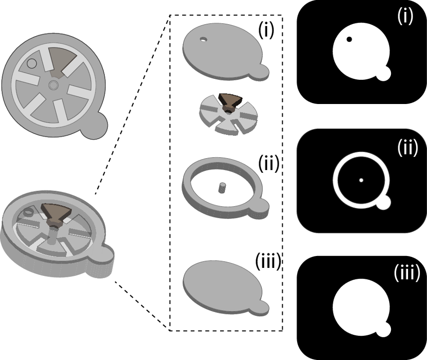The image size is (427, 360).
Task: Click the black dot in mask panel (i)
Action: [x=349, y=39]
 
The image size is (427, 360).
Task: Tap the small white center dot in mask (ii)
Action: [x=361, y=180]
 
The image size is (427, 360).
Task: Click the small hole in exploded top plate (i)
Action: [x=203, y=39]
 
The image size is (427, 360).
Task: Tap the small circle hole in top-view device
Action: [x=32, y=64]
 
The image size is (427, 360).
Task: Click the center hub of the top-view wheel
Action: [x=53, y=85]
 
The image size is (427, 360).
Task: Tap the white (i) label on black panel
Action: [x=405, y=16]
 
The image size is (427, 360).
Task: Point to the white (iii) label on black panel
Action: [x=407, y=272]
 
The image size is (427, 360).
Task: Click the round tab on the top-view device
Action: [x=95, y=126]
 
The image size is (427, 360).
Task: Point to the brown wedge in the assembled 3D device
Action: [x=56, y=214]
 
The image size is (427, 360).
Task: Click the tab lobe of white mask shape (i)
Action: [x=383, y=73]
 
